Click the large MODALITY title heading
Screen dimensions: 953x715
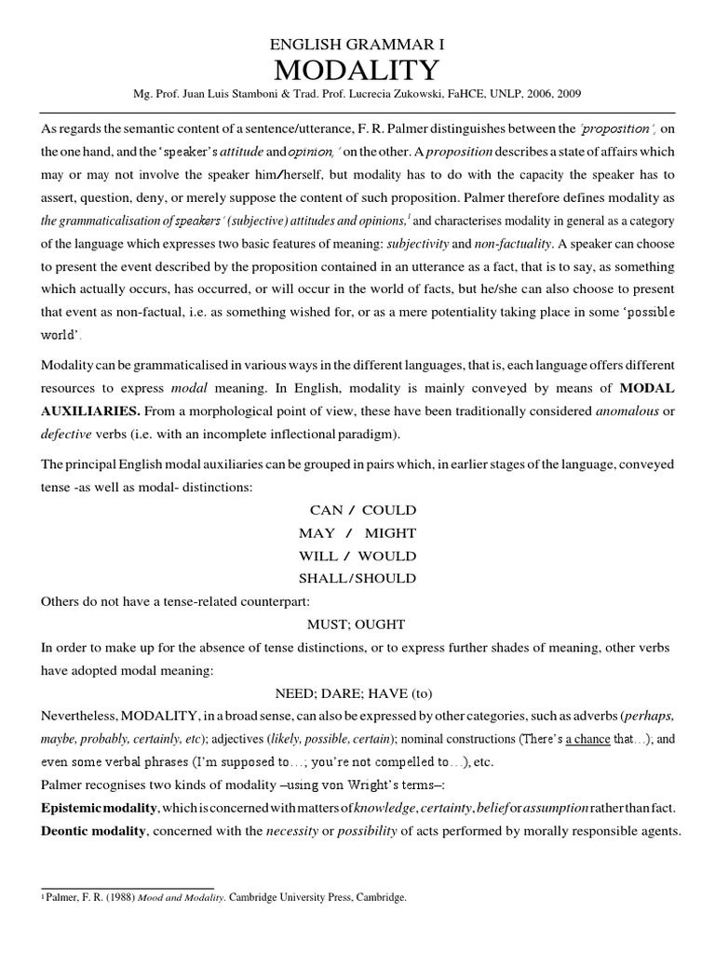pos(357,71)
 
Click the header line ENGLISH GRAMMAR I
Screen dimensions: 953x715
pos(357,44)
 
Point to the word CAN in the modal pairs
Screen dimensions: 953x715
pos(327,510)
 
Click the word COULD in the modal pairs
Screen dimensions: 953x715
pos(389,510)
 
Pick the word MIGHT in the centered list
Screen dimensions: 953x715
pos(390,533)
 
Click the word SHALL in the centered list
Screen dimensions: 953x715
pos(323,578)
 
